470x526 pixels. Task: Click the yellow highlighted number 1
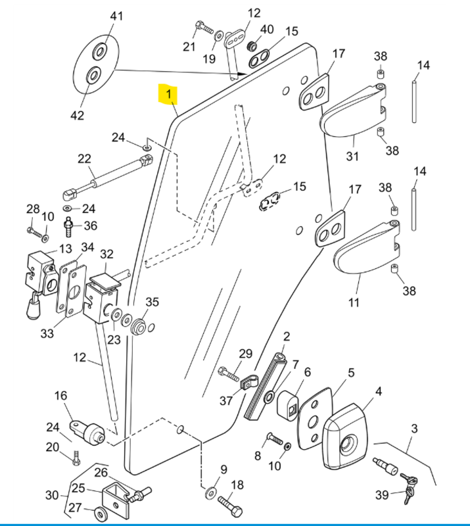coord(168,95)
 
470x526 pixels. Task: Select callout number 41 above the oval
coord(116,16)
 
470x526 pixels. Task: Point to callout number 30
coord(52,495)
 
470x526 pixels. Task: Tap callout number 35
coord(152,302)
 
